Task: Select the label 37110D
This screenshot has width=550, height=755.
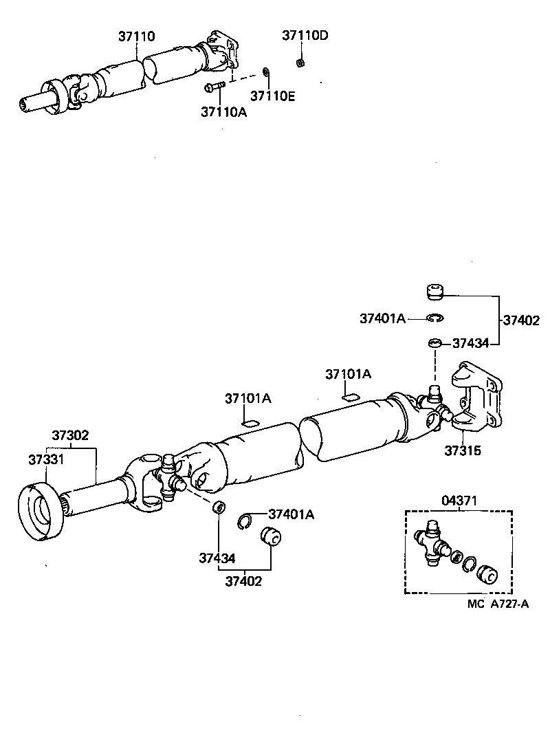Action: pyautogui.click(x=305, y=36)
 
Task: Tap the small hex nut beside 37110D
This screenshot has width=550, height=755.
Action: pyautogui.click(x=300, y=63)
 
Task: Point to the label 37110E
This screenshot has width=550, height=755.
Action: pyautogui.click(x=272, y=96)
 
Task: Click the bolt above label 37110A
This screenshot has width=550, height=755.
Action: pyautogui.click(x=214, y=87)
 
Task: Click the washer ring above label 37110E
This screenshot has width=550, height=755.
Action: pyautogui.click(x=267, y=72)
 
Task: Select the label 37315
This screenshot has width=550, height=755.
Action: pyautogui.click(x=463, y=451)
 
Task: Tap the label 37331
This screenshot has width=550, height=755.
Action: pyautogui.click(x=47, y=459)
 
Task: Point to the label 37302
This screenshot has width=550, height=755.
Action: pyautogui.click(x=71, y=435)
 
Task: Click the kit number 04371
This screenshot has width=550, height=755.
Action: pyautogui.click(x=459, y=503)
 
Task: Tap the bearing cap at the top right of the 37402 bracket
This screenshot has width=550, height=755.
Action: pyautogui.click(x=432, y=292)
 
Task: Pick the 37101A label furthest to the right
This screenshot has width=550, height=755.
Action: pyautogui.click(x=348, y=374)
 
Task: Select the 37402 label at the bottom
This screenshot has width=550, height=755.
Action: pyautogui.click(x=243, y=581)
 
